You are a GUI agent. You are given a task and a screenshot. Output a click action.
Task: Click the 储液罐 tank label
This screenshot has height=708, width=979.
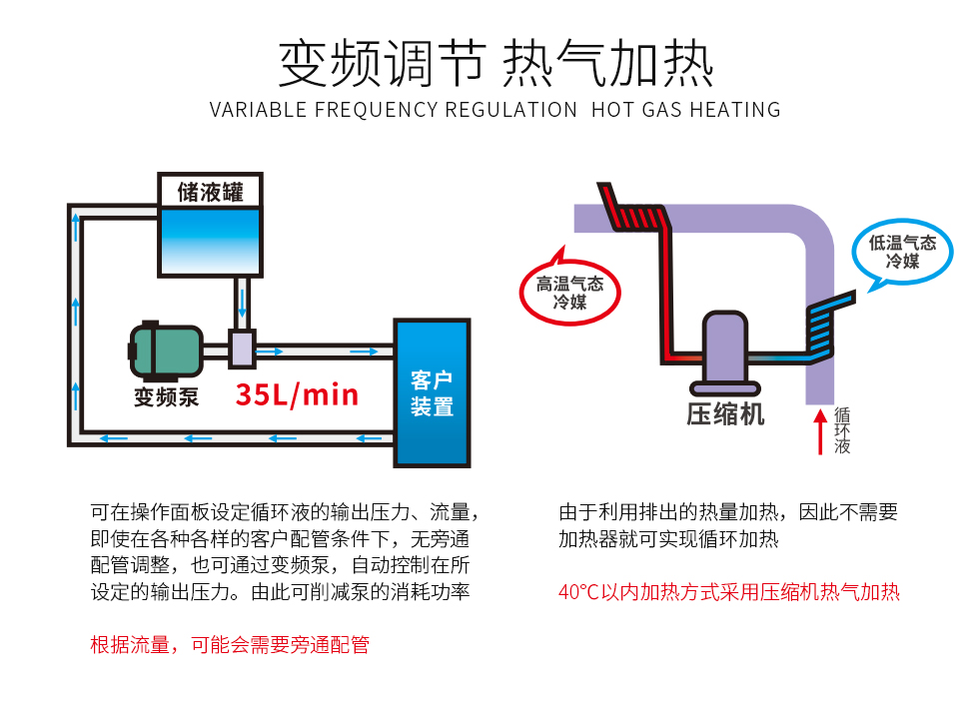tap(210, 192)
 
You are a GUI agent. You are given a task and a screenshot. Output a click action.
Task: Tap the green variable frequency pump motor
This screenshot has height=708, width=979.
tap(165, 351)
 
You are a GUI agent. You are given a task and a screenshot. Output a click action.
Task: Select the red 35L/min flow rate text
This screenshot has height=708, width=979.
tap(298, 394)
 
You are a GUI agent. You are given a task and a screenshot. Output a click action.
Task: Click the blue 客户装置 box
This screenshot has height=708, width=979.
tap(432, 392)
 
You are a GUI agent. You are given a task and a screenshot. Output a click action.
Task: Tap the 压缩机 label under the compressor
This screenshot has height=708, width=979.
tap(725, 414)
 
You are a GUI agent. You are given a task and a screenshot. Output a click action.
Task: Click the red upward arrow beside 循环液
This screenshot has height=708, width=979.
tap(820, 431)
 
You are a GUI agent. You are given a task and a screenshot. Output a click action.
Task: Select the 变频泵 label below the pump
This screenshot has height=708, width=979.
tap(166, 397)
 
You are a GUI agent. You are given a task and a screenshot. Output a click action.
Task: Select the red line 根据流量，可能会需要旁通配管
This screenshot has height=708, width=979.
tap(230, 644)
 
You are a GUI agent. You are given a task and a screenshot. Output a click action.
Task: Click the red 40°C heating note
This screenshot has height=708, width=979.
tap(728, 592)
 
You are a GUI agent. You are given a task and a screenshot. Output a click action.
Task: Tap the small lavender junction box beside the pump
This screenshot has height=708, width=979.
tap(242, 349)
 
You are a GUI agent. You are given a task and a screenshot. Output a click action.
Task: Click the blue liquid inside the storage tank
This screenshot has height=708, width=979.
tap(210, 241)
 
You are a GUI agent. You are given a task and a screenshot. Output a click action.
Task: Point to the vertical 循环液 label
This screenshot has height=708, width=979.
tap(841, 430)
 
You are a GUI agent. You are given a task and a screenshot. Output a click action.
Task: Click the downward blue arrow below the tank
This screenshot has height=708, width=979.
tap(242, 304)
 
